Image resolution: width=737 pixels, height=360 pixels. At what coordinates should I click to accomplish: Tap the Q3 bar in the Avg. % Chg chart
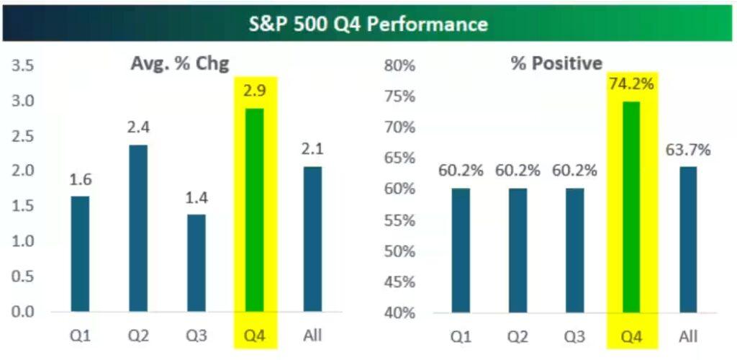coord(196,263)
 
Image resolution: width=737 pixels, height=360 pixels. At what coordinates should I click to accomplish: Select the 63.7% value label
coord(687,150)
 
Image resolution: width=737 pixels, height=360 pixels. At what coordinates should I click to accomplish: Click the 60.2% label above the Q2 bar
coord(517,171)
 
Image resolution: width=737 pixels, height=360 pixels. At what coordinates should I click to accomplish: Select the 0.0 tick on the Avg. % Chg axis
coord(23,312)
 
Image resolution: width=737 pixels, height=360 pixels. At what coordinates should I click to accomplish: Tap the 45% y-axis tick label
coord(399,282)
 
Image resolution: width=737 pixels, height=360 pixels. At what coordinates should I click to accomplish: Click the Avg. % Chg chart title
coord(179,63)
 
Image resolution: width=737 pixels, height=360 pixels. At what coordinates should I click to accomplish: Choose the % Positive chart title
coord(556,63)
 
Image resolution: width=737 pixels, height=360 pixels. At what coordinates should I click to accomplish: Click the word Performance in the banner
coord(426,24)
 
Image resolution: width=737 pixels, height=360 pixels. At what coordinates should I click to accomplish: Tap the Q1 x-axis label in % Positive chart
coord(461,336)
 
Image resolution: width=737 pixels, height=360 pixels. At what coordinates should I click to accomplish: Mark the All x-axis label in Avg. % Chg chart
coord(312,336)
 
